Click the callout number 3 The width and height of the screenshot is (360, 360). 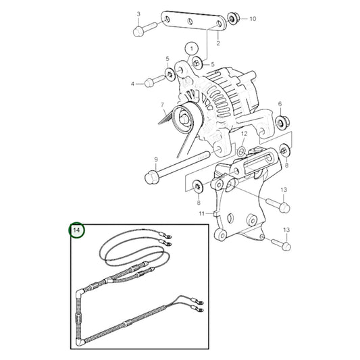[138, 14]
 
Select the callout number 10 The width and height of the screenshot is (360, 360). [253, 19]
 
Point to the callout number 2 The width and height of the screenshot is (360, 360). [217, 43]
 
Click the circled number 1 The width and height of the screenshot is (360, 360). [191, 49]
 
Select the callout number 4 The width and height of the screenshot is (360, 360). [133, 84]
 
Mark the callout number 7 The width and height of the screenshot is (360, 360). [162, 105]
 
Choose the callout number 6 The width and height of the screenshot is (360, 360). [280, 105]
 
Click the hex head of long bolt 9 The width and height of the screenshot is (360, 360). [151, 178]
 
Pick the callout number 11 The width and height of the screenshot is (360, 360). [201, 213]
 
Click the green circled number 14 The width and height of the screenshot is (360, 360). [77, 231]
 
